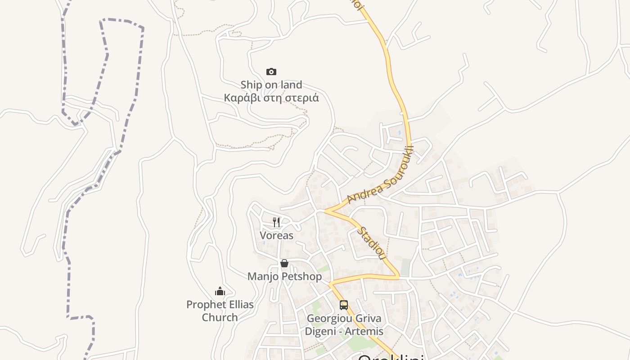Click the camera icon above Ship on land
click(271, 72)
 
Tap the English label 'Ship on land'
click(271, 85)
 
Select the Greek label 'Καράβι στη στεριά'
click(271, 98)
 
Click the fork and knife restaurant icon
click(276, 222)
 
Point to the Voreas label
click(276, 235)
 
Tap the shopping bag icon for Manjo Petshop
click(284, 263)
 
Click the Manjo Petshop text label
click(284, 276)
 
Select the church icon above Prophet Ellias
click(220, 291)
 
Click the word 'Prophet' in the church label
click(204, 305)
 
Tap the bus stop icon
click(344, 305)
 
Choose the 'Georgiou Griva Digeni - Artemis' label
click(344, 325)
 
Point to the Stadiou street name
click(372, 243)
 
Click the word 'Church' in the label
click(220, 317)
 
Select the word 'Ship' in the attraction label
click(251, 85)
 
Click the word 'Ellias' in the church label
click(238, 305)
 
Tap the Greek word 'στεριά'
click(301, 98)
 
